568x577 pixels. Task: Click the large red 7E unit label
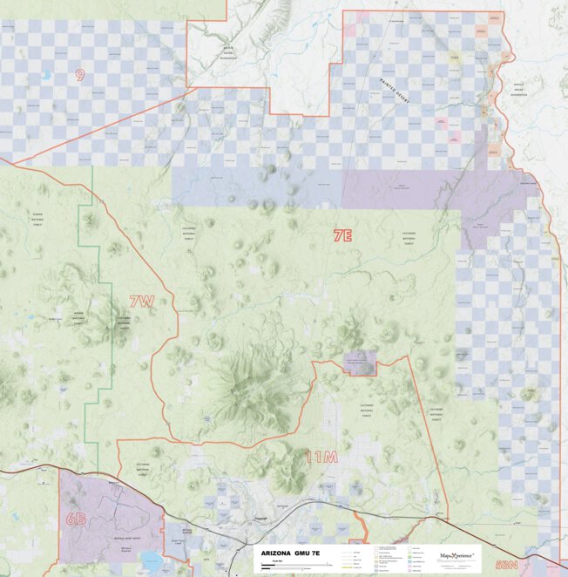(x=342, y=235)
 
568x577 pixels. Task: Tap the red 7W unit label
(x=141, y=302)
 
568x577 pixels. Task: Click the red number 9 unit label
(x=79, y=75)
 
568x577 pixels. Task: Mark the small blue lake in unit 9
(x=45, y=76)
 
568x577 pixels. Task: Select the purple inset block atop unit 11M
(x=359, y=363)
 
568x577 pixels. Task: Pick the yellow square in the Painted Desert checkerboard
(x=454, y=58)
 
